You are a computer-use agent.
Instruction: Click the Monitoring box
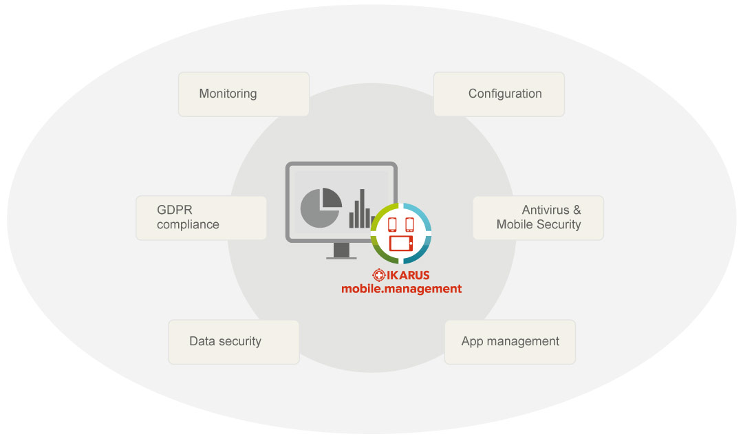244,94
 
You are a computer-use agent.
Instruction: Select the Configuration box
499,94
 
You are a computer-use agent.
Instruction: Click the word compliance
188,224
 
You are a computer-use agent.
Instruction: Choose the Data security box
234,341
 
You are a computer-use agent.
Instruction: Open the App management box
510,341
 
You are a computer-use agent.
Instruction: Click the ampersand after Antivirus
577,210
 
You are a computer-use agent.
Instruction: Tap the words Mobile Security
539,224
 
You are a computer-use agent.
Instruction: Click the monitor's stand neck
341,248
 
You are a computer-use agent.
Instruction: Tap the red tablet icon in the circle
400,243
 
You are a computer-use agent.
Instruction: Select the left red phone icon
392,224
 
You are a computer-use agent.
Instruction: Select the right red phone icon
409,224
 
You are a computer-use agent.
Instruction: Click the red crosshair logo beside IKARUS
378,275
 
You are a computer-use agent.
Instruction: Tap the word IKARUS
408,275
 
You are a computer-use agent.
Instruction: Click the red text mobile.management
402,289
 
